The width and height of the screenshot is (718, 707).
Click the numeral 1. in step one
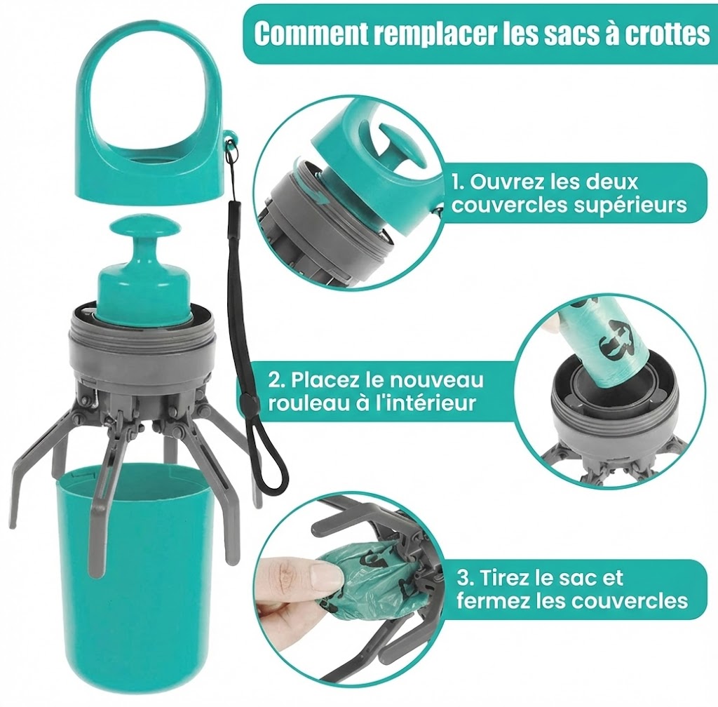458,182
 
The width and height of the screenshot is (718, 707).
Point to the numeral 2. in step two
277,380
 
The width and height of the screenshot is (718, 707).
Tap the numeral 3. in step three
465,579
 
